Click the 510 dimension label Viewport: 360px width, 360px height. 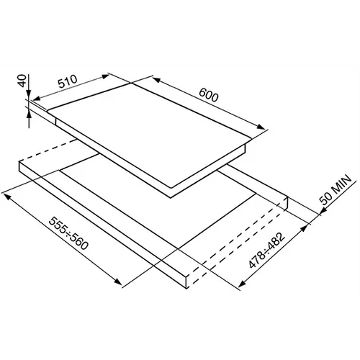(68, 81)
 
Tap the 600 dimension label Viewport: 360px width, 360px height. (209, 95)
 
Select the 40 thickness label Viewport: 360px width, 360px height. (22, 81)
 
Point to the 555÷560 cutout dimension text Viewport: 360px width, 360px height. (68, 233)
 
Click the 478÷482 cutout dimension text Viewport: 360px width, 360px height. (267, 250)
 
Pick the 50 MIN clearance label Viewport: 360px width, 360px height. (336, 189)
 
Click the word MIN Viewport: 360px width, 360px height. (342, 184)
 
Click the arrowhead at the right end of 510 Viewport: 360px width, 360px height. (105, 76)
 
